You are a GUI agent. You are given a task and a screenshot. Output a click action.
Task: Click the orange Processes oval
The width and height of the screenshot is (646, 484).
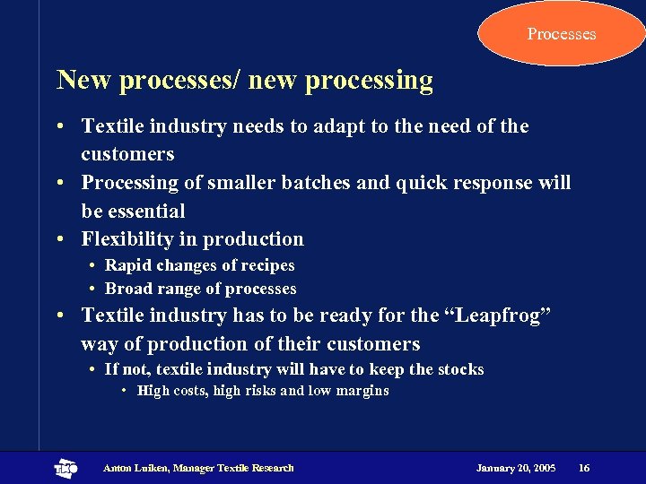(562, 34)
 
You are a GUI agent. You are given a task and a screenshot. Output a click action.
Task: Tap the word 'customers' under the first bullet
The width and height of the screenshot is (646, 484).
(127, 154)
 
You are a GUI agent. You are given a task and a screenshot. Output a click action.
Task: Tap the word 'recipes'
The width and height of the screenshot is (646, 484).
(266, 265)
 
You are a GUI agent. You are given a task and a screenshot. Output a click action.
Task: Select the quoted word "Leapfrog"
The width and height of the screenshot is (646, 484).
(509, 315)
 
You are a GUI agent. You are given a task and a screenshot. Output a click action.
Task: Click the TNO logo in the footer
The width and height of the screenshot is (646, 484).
(65, 468)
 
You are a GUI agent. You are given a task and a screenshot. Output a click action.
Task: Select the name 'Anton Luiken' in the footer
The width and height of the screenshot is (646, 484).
(135, 468)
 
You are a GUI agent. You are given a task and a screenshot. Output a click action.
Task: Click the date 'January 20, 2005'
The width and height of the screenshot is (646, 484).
(516, 468)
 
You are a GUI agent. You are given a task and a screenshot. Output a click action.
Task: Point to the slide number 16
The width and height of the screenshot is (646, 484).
(584, 468)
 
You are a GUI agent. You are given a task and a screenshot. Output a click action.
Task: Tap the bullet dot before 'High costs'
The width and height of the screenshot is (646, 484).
(125, 391)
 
